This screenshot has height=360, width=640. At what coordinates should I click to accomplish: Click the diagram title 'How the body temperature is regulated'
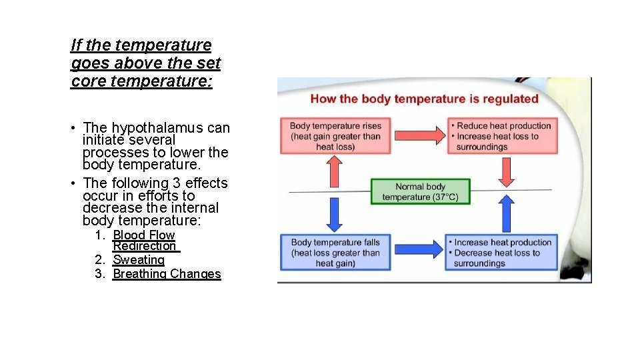pyautogui.click(x=424, y=99)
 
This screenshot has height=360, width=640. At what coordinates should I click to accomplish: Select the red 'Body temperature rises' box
pyautogui.click(x=335, y=136)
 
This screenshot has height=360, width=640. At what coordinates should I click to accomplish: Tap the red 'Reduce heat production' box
pyautogui.click(x=503, y=136)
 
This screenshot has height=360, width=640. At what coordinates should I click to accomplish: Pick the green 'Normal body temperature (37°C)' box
pyautogui.click(x=420, y=191)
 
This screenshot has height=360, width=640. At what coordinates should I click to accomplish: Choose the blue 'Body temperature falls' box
pyautogui.click(x=335, y=253)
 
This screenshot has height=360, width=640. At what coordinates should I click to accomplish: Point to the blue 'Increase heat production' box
pyautogui.click(x=503, y=253)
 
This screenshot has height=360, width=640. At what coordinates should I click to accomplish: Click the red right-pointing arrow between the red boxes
pyautogui.click(x=419, y=135)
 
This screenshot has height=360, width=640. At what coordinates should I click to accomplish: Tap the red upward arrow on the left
pyautogui.click(x=335, y=171)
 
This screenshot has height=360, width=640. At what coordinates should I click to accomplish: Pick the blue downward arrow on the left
pyautogui.click(x=335, y=215)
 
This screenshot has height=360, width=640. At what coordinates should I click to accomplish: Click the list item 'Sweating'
pyautogui.click(x=139, y=260)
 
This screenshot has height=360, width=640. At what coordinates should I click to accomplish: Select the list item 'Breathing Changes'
pyautogui.click(x=167, y=274)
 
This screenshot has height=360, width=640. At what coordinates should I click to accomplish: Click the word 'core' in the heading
pyautogui.click(x=86, y=82)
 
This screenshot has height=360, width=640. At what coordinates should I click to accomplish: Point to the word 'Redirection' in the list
pyautogui.click(x=145, y=246)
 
